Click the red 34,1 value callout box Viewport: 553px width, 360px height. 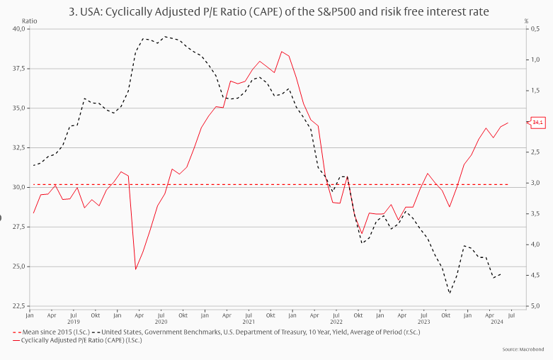537,123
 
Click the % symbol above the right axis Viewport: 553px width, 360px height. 526,21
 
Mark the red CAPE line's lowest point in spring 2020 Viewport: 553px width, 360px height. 135,269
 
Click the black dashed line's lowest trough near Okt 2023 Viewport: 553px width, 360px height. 449,293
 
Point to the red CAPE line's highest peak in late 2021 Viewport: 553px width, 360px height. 281,52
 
